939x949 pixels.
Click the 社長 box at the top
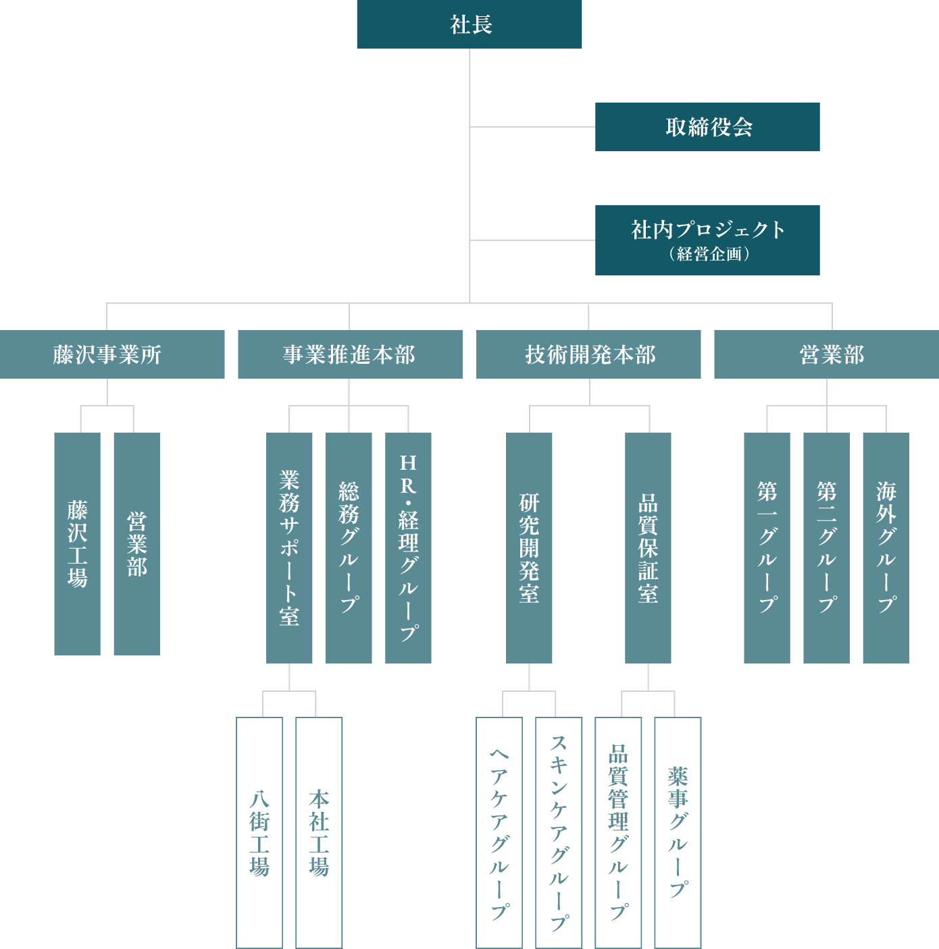[x=469, y=24]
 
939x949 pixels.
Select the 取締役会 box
[x=707, y=127]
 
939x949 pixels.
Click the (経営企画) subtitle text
[x=709, y=254]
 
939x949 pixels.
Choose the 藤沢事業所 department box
[x=112, y=354]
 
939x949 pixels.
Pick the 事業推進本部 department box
[x=350, y=354]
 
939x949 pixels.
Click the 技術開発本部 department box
[x=588, y=354]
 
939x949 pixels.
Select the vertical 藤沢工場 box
[x=77, y=544]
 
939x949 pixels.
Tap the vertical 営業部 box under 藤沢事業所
[x=136, y=544]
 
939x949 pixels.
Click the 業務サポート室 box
[x=289, y=548]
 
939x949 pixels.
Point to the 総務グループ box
[x=349, y=548]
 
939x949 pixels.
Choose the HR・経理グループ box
[x=408, y=548]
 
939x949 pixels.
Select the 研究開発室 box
[x=529, y=548]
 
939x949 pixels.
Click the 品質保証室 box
[x=648, y=548]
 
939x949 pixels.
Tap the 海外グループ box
[x=886, y=548]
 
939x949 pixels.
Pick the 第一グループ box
[x=767, y=548]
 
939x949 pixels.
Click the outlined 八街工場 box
[x=259, y=833]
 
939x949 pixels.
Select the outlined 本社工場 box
[x=319, y=833]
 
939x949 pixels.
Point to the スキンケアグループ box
[x=559, y=833]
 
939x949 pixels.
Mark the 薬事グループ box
[x=678, y=833]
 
